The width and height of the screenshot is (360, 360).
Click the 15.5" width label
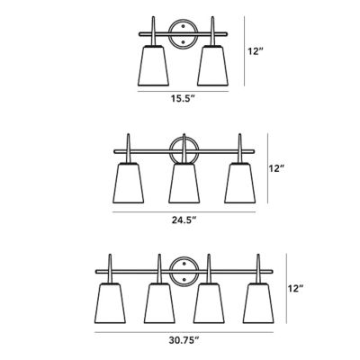tap(183, 98)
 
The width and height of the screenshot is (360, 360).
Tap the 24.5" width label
tap(184, 220)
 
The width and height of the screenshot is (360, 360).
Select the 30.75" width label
tap(184, 340)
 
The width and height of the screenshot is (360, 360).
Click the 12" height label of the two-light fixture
tap(256, 51)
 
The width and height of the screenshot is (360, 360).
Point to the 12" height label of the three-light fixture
tap(275, 168)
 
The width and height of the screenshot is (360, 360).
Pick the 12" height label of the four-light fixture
tap(296, 289)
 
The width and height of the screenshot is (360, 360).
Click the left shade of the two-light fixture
tap(153, 66)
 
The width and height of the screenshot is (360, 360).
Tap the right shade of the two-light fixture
tap(212, 66)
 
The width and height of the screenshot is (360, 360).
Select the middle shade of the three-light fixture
tap(184, 183)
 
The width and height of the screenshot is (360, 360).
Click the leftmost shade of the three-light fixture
tap(128, 183)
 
